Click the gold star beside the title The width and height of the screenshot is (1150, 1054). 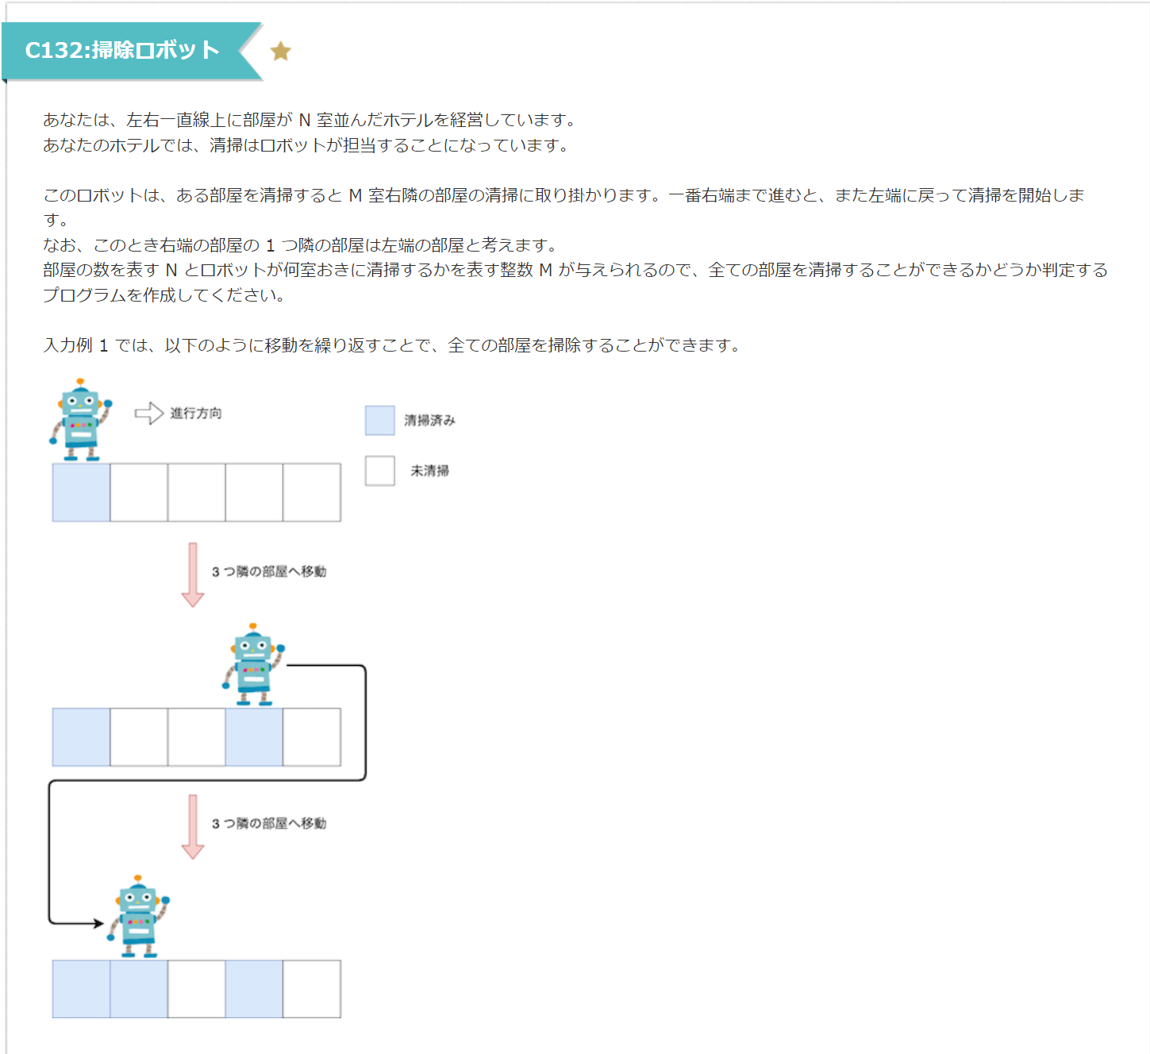[x=281, y=52]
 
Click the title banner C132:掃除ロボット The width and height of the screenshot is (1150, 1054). [x=122, y=50]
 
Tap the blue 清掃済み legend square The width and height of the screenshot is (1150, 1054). [x=379, y=421]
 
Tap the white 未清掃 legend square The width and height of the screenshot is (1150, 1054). [x=379, y=471]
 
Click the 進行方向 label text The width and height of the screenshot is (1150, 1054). [x=196, y=414]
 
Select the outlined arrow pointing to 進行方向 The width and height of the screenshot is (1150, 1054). [x=148, y=414]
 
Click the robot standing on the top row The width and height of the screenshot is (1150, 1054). [x=81, y=420]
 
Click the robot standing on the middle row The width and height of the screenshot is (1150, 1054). [x=253, y=665]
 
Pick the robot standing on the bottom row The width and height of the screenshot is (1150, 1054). [x=139, y=917]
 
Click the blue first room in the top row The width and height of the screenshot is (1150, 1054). [x=81, y=493]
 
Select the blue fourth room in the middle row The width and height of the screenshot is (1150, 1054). [x=254, y=737]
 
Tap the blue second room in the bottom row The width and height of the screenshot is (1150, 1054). [x=139, y=989]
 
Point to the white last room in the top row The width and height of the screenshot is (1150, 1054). [x=312, y=493]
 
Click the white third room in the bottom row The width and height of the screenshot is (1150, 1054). [x=196, y=989]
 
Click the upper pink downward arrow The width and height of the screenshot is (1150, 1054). [x=193, y=575]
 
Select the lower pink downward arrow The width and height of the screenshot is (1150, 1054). [x=193, y=826]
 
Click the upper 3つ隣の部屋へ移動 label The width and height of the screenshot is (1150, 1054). [x=269, y=571]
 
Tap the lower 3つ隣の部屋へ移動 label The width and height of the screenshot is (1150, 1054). [x=269, y=824]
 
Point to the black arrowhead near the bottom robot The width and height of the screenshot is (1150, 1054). [x=98, y=923]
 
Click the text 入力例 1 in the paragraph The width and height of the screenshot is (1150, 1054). [x=75, y=345]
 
